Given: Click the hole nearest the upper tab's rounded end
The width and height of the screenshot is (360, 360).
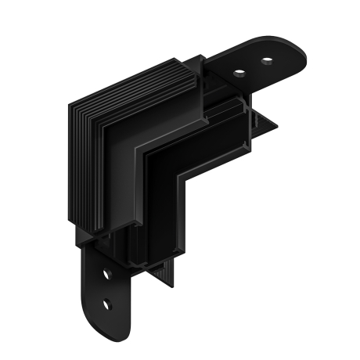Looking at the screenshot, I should [268, 60].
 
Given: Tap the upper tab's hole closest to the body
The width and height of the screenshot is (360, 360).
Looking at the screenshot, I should [240, 74].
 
